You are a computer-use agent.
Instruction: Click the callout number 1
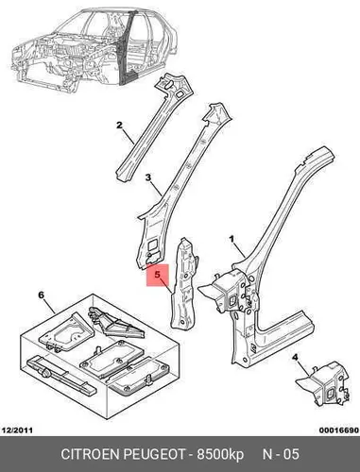pyautogui.click(x=231, y=240)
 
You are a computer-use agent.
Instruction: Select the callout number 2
pyautogui.click(x=119, y=126)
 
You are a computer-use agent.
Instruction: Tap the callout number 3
pyautogui.click(x=148, y=177)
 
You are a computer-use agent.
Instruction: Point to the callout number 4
pyautogui.click(x=295, y=358)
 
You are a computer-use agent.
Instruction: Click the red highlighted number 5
pyautogui.click(x=158, y=275)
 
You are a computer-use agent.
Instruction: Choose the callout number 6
pyautogui.click(x=42, y=295)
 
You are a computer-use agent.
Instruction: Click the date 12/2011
pyautogui.click(x=17, y=430)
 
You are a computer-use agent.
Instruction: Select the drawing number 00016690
pyautogui.click(x=339, y=430)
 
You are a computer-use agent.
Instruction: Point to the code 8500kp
pyautogui.click(x=220, y=455)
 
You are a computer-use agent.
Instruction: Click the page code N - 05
pyautogui.click(x=281, y=454)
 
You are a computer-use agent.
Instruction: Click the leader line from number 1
pyautogui.click(x=239, y=251)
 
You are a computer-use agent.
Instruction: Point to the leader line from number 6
pyautogui.click(x=50, y=306)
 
